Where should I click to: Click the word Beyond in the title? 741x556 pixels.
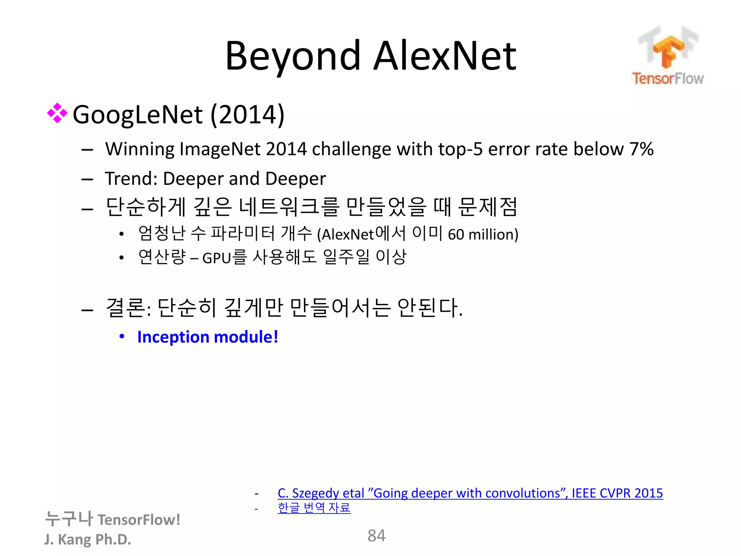pos(293,56)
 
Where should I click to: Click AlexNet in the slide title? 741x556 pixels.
pos(445,56)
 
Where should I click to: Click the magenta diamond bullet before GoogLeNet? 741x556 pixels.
pos(57,113)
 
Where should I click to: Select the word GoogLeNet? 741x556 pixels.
pos(137,115)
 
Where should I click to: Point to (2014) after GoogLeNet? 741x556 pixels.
pos(247,115)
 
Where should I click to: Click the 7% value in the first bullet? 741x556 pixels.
pos(641,149)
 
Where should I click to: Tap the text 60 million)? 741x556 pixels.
pos(483,235)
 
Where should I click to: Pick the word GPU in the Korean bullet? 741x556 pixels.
pos(216,258)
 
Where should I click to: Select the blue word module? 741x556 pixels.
pos(246,337)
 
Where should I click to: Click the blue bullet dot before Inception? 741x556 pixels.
pos(122,336)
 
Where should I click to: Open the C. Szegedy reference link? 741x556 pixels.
pos(470,493)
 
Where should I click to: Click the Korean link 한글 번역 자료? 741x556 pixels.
pos(314,507)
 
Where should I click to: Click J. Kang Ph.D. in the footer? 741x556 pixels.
pos(88,539)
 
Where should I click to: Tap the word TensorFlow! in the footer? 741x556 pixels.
pos(139,520)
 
